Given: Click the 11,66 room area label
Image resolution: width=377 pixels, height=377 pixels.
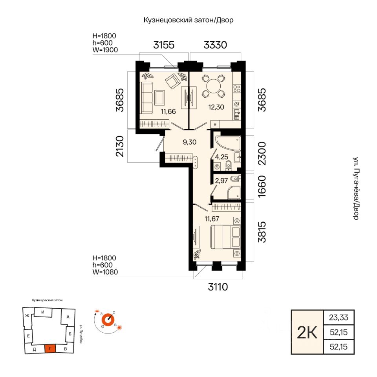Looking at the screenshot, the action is coord(168,112).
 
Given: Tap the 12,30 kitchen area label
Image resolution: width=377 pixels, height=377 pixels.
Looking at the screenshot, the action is coord(216,107).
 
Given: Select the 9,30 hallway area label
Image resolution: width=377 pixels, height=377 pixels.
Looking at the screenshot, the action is coord(190,142).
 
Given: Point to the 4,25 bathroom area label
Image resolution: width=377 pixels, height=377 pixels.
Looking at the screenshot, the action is coord(221,157).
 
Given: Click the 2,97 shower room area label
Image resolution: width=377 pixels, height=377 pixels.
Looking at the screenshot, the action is coord(221,181).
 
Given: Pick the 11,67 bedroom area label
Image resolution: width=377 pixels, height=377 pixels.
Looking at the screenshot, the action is coord(212,219).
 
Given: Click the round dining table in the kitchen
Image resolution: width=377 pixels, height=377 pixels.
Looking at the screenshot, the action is coord(213,86).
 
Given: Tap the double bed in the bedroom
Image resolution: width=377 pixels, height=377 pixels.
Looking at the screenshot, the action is coord(225,237).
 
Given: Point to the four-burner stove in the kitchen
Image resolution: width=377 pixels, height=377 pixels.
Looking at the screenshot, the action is coord(237,89).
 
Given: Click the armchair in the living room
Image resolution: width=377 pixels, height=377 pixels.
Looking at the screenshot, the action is coord(173,81).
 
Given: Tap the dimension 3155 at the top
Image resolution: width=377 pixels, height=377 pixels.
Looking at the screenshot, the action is coord(164,45).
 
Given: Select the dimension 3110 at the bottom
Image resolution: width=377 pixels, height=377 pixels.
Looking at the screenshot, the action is coord(218,287).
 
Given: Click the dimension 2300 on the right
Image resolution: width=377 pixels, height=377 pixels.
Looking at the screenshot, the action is coord(262,154).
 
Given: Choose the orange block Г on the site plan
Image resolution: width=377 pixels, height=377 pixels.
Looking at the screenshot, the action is coord(50,348).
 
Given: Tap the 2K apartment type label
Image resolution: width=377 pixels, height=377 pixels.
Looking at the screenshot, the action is coord(307,333).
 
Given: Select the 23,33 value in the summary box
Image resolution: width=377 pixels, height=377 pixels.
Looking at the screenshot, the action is coord(339,318).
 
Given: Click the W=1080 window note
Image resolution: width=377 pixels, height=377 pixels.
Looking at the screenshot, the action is coord(105,272).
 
